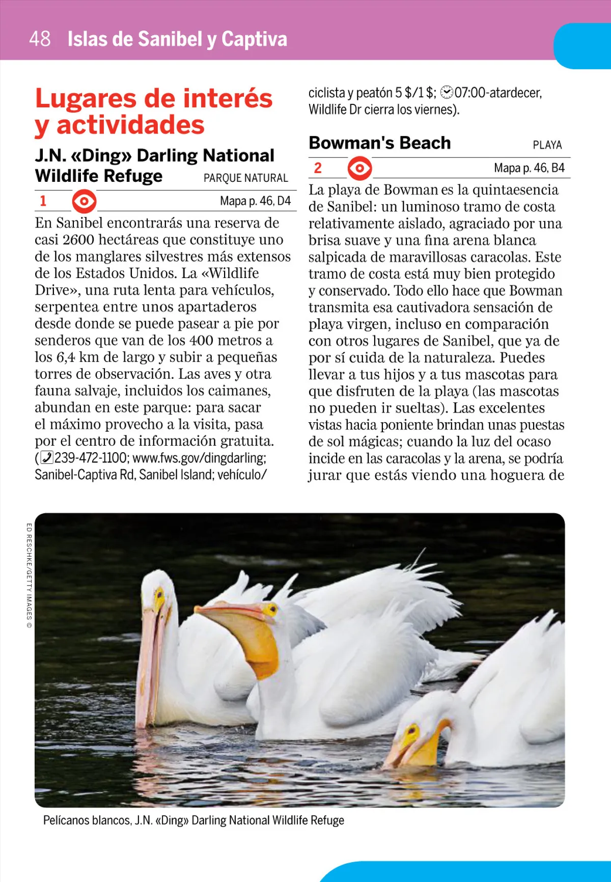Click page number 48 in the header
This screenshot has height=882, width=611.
(x=40, y=39)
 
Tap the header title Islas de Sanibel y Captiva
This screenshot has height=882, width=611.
(x=177, y=39)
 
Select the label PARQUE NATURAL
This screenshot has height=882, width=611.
(x=245, y=178)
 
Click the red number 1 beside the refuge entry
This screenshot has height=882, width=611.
(x=43, y=201)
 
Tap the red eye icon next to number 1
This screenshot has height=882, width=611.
(x=84, y=201)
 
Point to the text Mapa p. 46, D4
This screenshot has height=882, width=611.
(x=255, y=201)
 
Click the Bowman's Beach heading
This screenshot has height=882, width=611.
(x=380, y=143)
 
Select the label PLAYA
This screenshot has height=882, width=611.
(x=547, y=145)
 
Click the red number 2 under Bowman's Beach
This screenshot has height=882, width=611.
(x=318, y=168)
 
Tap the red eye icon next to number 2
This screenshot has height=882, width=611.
(x=360, y=168)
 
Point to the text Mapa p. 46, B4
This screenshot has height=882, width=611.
(x=529, y=168)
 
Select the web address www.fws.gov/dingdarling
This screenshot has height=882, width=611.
(x=199, y=458)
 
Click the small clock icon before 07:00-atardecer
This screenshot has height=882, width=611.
(x=447, y=93)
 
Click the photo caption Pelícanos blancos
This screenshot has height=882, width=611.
(x=193, y=820)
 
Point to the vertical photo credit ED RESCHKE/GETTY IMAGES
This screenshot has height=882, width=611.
(x=29, y=575)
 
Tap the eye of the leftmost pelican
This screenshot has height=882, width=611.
(x=159, y=593)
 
